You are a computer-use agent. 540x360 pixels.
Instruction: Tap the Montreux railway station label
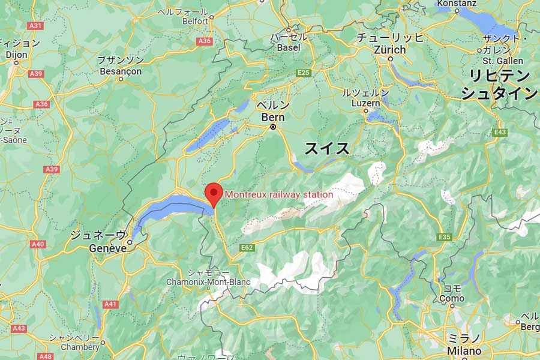click(278, 194)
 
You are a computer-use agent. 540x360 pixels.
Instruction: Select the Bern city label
click(273, 117)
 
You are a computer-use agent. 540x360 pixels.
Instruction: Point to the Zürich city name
click(390, 50)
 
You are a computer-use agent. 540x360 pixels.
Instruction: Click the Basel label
click(288, 47)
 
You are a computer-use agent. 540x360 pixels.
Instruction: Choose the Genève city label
click(108, 248)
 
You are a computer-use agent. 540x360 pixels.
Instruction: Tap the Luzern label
click(365, 103)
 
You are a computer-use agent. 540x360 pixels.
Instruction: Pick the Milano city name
click(464, 351)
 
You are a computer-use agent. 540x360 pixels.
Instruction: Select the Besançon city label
click(120, 71)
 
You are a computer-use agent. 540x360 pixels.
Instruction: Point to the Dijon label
click(17, 54)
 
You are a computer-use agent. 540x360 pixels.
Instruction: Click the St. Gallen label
click(503, 61)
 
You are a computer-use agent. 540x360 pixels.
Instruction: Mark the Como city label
click(452, 298)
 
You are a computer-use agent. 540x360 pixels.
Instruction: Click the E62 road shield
click(247, 248)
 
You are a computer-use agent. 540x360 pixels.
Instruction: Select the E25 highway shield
click(304, 73)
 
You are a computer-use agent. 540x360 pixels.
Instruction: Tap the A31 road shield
click(36, 26)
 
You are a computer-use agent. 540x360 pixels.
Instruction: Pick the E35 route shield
click(444, 237)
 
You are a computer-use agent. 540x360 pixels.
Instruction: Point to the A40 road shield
click(38, 244)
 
